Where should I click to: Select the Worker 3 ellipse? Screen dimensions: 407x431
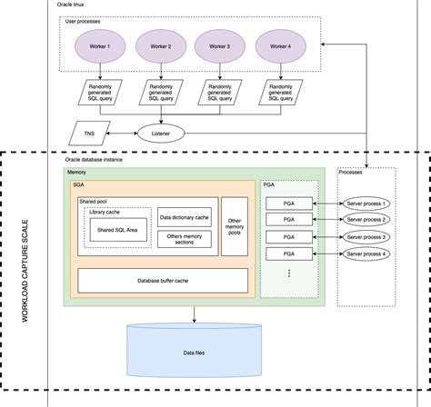pyautogui.click(x=220, y=45)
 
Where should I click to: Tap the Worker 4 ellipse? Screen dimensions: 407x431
pyautogui.click(x=281, y=45)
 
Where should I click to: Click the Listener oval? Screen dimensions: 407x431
pyautogui.click(x=162, y=133)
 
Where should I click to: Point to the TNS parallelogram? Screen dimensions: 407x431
pyautogui.click(x=87, y=133)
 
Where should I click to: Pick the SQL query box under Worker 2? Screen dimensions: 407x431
pyautogui.click(x=160, y=91)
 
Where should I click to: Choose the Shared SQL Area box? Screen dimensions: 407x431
pyautogui.click(x=118, y=231)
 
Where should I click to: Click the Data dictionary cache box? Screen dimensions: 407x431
pyautogui.click(x=185, y=218)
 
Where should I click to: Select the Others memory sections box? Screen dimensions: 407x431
pyautogui.click(x=185, y=240)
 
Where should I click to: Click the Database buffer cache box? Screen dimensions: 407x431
pyautogui.click(x=163, y=280)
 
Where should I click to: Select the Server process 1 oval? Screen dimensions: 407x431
pyautogui.click(x=366, y=203)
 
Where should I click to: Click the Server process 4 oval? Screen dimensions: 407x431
pyautogui.click(x=366, y=253)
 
